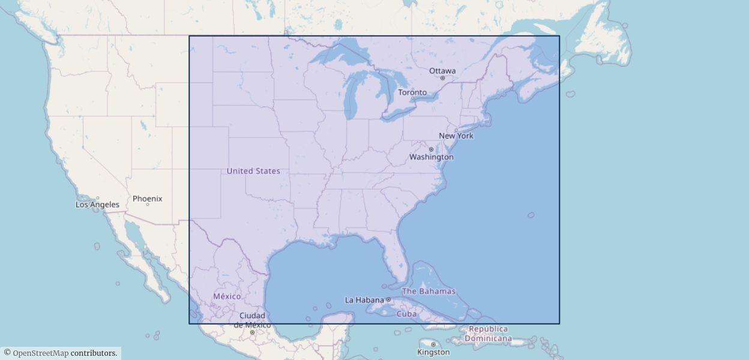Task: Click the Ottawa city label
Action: (x=442, y=71)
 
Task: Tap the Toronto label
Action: (x=412, y=92)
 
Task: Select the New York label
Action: (x=456, y=136)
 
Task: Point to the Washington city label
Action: (x=431, y=157)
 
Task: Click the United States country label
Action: (x=253, y=171)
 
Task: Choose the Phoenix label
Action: (x=147, y=199)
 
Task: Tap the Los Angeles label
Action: (x=97, y=205)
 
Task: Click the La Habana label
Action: (x=364, y=300)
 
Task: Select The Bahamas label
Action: (x=429, y=292)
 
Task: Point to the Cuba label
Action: (x=406, y=314)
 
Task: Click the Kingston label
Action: (x=433, y=352)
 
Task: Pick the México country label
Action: (x=227, y=296)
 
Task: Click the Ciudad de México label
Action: (x=252, y=320)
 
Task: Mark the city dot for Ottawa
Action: (x=442, y=78)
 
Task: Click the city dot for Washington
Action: (x=431, y=149)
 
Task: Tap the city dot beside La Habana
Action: (x=388, y=299)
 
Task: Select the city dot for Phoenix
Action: (x=147, y=205)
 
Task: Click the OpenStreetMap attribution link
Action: (x=40, y=353)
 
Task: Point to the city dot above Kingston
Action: (x=433, y=344)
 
